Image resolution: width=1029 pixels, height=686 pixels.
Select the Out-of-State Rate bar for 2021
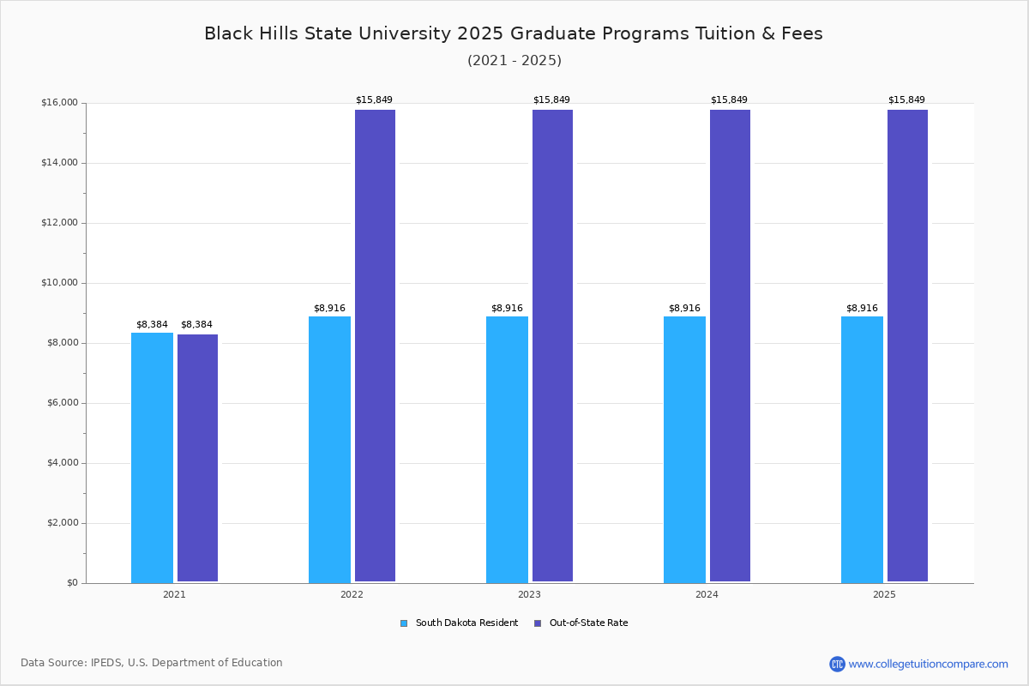[x=197, y=458]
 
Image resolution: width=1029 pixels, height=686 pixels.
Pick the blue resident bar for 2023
[x=507, y=449]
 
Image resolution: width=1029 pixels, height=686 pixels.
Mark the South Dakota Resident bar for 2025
[x=862, y=449]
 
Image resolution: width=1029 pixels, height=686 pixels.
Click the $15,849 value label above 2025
[x=906, y=99]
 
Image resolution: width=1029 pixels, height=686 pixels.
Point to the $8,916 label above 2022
[x=329, y=308]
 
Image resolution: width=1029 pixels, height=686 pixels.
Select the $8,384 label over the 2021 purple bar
[x=196, y=324]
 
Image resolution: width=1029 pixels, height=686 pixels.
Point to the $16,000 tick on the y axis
[x=59, y=103]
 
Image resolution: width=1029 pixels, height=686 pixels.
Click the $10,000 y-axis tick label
[x=59, y=283]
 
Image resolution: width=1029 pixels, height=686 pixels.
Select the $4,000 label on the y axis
[x=62, y=463]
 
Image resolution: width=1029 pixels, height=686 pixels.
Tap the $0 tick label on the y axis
[x=71, y=583]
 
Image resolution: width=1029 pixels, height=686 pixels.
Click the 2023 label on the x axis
[x=529, y=594]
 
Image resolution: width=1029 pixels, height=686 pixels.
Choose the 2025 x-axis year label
[x=884, y=594]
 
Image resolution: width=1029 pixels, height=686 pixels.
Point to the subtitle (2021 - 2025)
[x=514, y=60]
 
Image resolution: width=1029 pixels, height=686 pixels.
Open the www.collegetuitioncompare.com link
[x=928, y=664]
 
